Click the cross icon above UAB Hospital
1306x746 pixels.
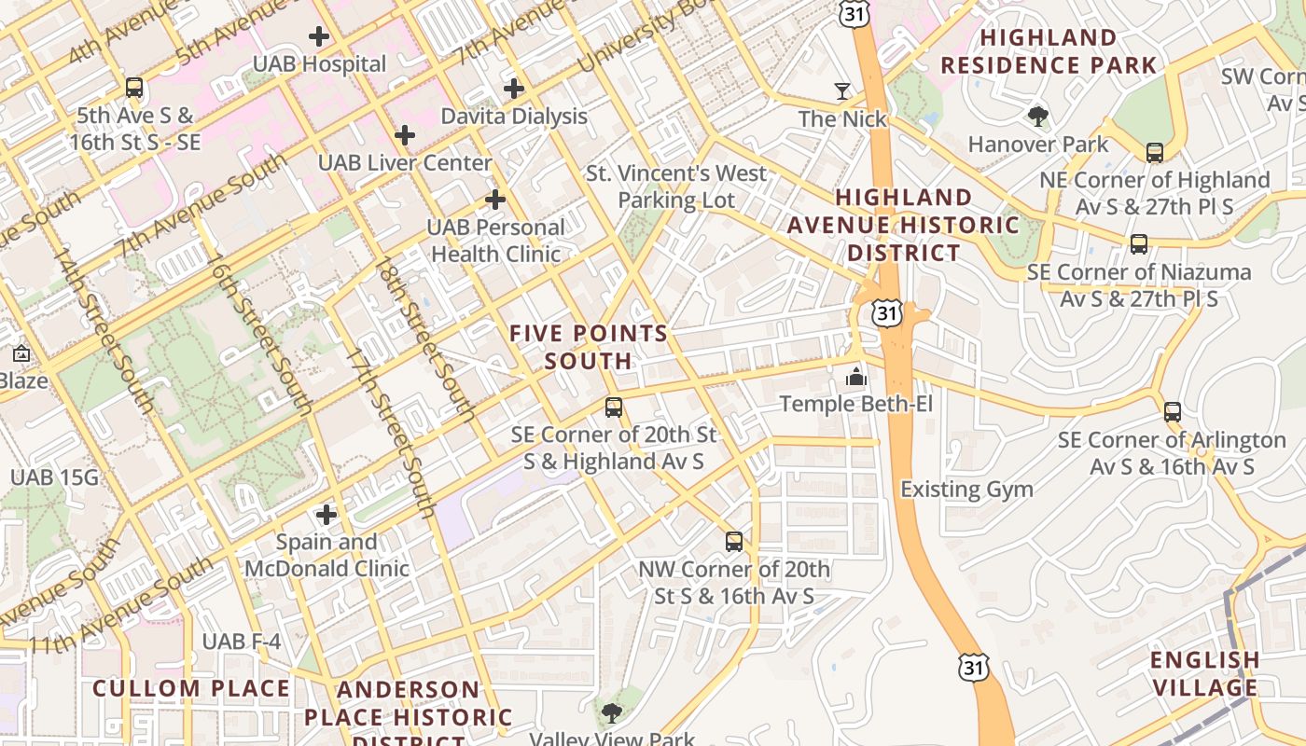click(x=319, y=37)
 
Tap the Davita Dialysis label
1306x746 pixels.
click(x=514, y=117)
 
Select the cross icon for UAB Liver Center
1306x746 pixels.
click(x=404, y=135)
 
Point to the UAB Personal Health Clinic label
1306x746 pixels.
click(x=496, y=241)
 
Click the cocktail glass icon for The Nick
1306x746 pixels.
click(x=842, y=91)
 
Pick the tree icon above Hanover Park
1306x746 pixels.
click(x=1037, y=117)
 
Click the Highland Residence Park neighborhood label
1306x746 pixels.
click(x=1049, y=51)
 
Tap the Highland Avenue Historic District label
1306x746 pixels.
click(x=903, y=225)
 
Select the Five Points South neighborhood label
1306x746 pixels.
click(x=589, y=347)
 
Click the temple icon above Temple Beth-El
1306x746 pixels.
click(x=855, y=377)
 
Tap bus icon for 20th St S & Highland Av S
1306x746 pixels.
click(x=613, y=408)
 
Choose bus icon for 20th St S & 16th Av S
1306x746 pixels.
click(x=734, y=542)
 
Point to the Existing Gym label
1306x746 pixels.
click(x=966, y=489)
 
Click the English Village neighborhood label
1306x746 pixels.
click(x=1204, y=674)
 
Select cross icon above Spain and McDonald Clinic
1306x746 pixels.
click(x=326, y=515)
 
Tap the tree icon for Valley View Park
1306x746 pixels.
click(x=612, y=714)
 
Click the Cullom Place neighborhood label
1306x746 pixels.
click(x=191, y=689)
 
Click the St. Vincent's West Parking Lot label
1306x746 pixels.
click(x=676, y=186)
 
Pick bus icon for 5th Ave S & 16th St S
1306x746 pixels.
click(x=134, y=89)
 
